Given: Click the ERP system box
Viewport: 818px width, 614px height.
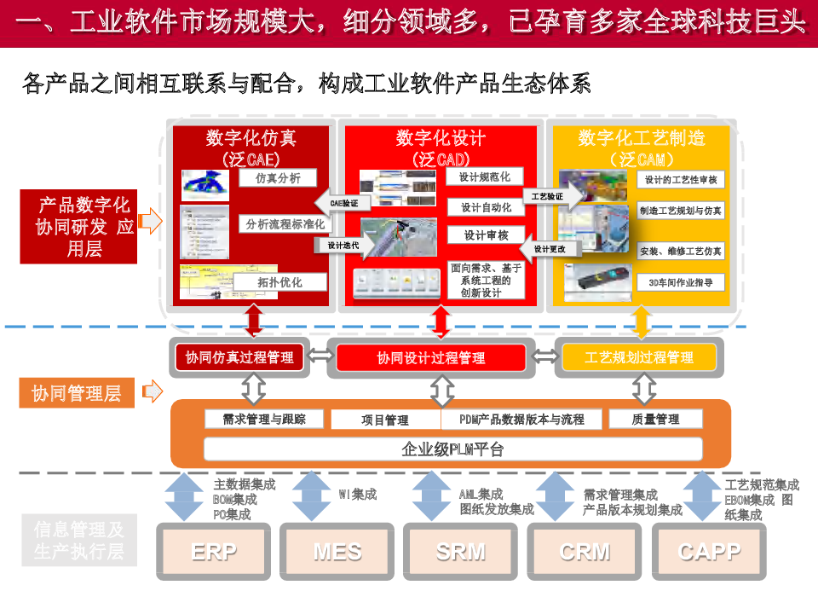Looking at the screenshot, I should (x=214, y=552).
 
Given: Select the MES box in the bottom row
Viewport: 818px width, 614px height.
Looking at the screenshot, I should (x=337, y=552).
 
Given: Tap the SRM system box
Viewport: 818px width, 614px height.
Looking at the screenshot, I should (x=461, y=552).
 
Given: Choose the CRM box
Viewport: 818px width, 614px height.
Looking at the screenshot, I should (x=585, y=552).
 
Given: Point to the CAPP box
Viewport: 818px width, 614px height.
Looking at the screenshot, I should (x=709, y=552).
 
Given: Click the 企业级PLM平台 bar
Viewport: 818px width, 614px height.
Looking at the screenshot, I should (x=452, y=449).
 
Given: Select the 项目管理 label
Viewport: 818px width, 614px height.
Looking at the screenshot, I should (x=385, y=420).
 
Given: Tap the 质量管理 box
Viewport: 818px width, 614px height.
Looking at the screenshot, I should (x=655, y=419).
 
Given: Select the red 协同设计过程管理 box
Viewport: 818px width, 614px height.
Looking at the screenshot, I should (x=431, y=358).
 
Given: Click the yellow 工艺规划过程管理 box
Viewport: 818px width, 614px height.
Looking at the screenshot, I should (x=639, y=358).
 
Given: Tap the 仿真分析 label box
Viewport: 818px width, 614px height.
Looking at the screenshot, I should (x=277, y=178).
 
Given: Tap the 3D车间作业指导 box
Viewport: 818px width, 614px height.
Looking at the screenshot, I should (x=681, y=281).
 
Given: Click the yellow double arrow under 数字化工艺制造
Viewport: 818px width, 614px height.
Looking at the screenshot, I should (x=642, y=322).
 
